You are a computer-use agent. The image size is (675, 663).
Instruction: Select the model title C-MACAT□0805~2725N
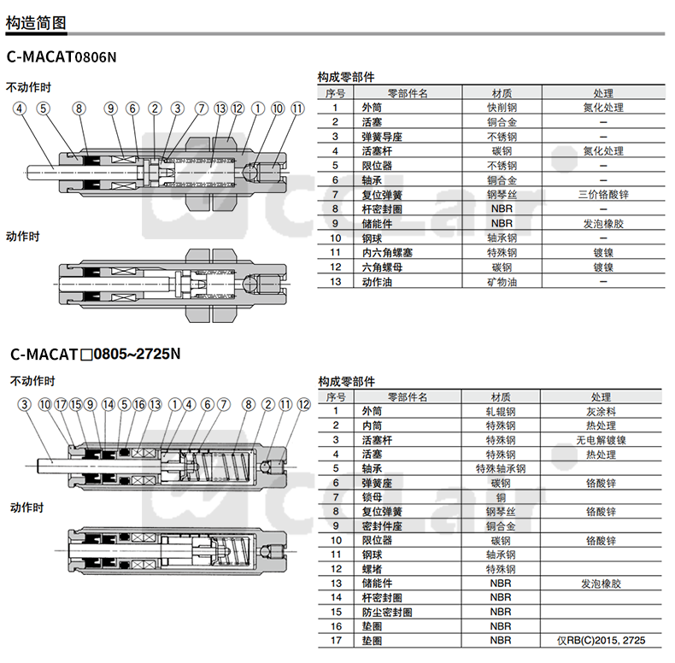[x=95, y=353]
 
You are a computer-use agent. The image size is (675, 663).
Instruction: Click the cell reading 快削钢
[x=502, y=108]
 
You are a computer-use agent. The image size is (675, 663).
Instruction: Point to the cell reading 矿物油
[x=502, y=282]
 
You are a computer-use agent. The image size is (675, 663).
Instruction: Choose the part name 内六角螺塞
[x=384, y=253]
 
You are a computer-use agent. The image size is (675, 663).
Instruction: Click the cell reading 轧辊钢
[x=501, y=411]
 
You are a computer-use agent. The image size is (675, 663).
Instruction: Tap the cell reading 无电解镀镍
[x=601, y=440]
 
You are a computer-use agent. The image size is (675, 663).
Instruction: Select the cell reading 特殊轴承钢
[x=501, y=469]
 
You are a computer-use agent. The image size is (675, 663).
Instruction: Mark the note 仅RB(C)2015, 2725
[x=601, y=640]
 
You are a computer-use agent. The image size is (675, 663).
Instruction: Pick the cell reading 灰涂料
[x=601, y=411]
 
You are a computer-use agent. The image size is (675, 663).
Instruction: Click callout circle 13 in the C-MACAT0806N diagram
[x=220, y=109]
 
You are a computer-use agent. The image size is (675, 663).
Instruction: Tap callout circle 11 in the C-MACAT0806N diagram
[x=296, y=109]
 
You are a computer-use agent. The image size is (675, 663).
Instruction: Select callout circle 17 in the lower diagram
[x=61, y=404]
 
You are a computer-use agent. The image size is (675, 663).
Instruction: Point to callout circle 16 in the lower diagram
[x=139, y=404]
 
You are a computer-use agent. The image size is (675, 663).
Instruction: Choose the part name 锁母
[x=370, y=497]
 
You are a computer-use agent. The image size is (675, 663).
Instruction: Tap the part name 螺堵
[x=370, y=569]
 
